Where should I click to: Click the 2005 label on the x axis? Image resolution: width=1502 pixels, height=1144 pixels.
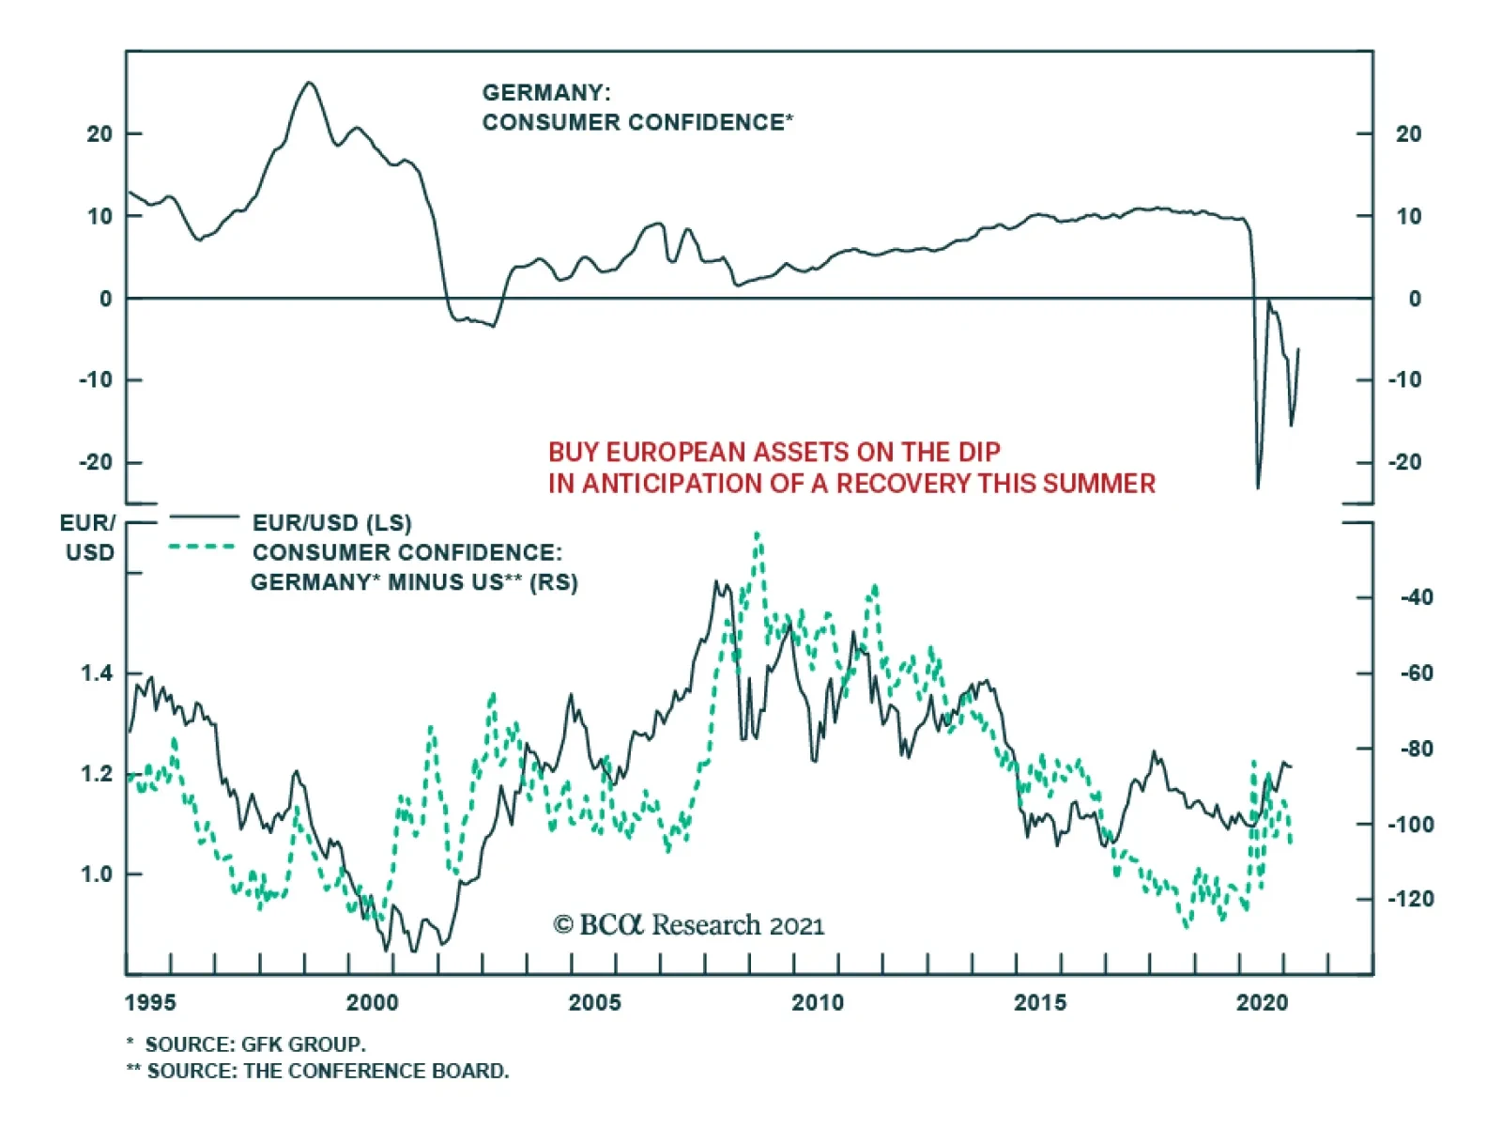tap(594, 1002)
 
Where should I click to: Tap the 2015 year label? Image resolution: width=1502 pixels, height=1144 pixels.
tap(1039, 1002)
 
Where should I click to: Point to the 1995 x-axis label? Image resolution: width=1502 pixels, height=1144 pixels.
tap(150, 1002)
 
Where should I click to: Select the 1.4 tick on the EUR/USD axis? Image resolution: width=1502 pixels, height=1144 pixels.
tap(97, 673)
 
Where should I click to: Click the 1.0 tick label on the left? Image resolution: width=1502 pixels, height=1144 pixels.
tap(97, 874)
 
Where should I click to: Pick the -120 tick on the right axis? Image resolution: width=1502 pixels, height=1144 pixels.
tap(1411, 899)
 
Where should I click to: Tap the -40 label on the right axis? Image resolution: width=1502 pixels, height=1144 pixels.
tap(1417, 597)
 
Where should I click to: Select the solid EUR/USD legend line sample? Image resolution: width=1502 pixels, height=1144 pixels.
tap(204, 516)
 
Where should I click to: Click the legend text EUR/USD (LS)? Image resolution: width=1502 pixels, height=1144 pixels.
tap(331, 523)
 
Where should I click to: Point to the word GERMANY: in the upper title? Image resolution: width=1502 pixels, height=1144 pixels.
tap(546, 93)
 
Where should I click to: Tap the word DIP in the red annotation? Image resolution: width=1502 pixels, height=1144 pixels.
tap(979, 453)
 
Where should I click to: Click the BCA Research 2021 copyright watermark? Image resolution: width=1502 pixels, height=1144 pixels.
tap(689, 925)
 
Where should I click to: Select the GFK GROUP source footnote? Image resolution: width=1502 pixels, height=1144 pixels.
tap(254, 1044)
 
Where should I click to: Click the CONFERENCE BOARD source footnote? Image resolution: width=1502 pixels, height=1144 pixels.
tap(328, 1071)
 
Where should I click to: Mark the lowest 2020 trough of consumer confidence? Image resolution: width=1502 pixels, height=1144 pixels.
tap(1258, 487)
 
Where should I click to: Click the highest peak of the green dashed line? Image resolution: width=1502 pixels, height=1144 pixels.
tap(758, 533)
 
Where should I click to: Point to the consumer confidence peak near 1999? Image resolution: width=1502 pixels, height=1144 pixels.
tap(310, 83)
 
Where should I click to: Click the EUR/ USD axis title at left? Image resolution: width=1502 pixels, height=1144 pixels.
tap(88, 537)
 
